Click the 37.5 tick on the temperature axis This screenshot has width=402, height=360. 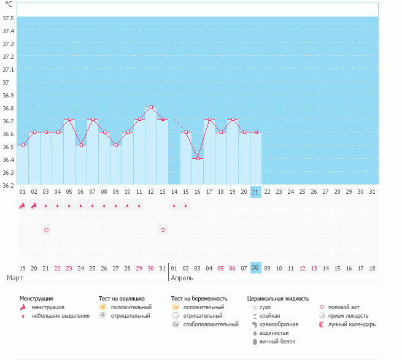tap(9, 18)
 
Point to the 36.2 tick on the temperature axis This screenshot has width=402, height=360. tap(9, 185)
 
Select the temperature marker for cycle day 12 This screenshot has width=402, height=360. tap(151, 107)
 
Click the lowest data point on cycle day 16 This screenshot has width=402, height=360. tap(198, 158)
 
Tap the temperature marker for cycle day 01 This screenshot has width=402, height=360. tap(23, 145)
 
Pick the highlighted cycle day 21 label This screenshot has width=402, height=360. tap(256, 192)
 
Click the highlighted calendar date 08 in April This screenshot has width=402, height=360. tap(256, 268)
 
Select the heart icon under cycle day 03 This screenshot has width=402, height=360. tap(46, 230)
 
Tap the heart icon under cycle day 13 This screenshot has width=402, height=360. tap(163, 230)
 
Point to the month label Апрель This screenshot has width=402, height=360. tap(182, 278)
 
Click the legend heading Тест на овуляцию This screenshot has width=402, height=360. tap(122, 298)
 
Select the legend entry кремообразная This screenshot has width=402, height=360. tap(279, 324)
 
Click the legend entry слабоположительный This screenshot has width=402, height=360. tap(211, 324)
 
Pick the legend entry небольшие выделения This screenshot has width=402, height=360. tap(61, 316)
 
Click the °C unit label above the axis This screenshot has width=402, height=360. tap(9, 5)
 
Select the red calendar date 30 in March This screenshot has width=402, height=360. tap(151, 268)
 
